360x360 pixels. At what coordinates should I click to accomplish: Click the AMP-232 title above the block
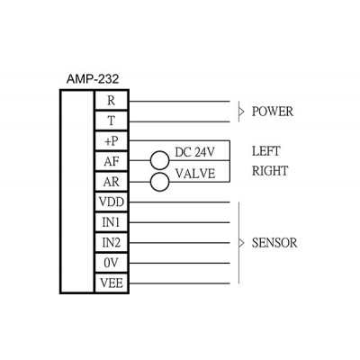click(93, 79)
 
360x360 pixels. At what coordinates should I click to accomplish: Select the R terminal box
click(112, 101)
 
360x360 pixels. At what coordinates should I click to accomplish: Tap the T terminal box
click(112, 121)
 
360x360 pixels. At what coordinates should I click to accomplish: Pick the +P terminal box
click(112, 141)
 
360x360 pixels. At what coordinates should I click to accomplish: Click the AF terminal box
click(112, 162)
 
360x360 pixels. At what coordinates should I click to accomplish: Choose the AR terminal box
click(112, 182)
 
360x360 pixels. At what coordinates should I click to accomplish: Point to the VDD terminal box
click(112, 202)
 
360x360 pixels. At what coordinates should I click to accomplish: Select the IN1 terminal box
click(112, 222)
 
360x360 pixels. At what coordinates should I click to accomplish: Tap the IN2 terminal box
click(112, 243)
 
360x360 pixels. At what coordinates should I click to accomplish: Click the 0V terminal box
click(112, 264)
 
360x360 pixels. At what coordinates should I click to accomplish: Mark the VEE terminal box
click(112, 283)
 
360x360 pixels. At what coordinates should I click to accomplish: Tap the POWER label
click(273, 112)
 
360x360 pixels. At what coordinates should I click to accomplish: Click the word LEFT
click(266, 151)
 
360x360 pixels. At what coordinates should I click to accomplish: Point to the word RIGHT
click(270, 171)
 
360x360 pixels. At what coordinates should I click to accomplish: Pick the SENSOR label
click(274, 243)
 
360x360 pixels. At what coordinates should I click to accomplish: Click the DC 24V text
click(194, 152)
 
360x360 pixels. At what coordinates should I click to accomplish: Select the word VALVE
click(195, 174)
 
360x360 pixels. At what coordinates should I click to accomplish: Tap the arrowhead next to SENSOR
click(241, 243)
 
